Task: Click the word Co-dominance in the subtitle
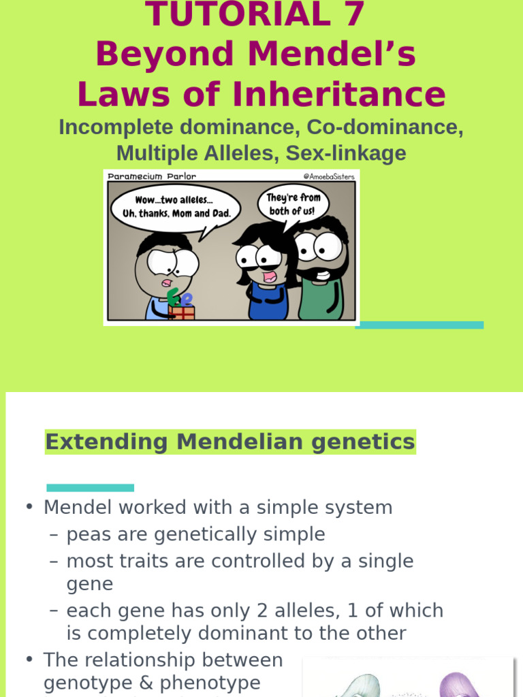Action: pyautogui.click(x=385, y=127)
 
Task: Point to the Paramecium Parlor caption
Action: pyautogui.click(x=151, y=176)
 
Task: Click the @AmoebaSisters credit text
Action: pyautogui.click(x=329, y=176)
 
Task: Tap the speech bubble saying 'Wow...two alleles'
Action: pyautogui.click(x=175, y=207)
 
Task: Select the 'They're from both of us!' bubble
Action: pyautogui.click(x=293, y=204)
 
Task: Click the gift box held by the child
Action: pyautogui.click(x=181, y=312)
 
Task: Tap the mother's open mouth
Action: pyautogui.click(x=270, y=277)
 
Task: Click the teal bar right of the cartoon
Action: pyautogui.click(x=419, y=325)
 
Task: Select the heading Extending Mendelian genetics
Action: pyautogui.click(x=229, y=442)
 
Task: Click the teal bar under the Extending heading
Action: pyautogui.click(x=90, y=487)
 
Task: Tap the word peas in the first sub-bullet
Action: pyautogui.click(x=89, y=534)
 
